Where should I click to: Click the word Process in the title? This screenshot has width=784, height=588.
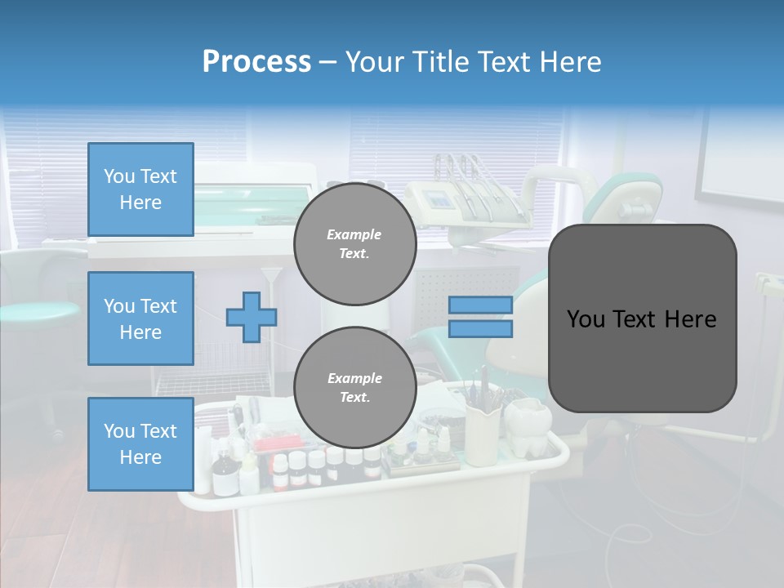pyautogui.click(x=256, y=62)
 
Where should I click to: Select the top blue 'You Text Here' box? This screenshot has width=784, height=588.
pyautogui.click(x=140, y=189)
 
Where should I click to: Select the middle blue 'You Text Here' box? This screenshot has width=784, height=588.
pyautogui.click(x=140, y=318)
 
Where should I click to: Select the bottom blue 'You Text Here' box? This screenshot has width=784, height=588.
pyautogui.click(x=140, y=444)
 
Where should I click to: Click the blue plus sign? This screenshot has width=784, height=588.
pyautogui.click(x=252, y=317)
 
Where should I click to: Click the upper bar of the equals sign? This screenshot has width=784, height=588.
pyautogui.click(x=480, y=305)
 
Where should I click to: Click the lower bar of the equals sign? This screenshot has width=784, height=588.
pyautogui.click(x=480, y=329)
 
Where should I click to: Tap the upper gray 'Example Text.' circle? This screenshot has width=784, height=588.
pyautogui.click(x=354, y=244)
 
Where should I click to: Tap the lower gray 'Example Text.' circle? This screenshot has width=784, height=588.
pyautogui.click(x=354, y=388)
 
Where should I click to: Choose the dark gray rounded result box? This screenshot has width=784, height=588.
pyautogui.click(x=642, y=318)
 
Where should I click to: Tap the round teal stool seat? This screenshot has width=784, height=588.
pyautogui.click(x=37, y=310)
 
